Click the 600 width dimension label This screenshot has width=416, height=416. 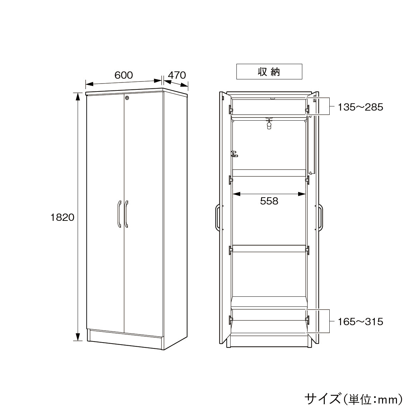click(123, 75)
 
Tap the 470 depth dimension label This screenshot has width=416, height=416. click(177, 75)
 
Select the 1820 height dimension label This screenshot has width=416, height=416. click(62, 217)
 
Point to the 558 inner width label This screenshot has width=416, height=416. click(269, 201)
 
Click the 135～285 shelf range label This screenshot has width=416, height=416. click(360, 107)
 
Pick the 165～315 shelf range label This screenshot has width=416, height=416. click(360, 322)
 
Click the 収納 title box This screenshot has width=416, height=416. click(269, 71)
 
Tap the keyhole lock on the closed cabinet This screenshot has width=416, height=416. click(128, 98)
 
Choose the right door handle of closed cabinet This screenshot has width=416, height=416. click(126, 214)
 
